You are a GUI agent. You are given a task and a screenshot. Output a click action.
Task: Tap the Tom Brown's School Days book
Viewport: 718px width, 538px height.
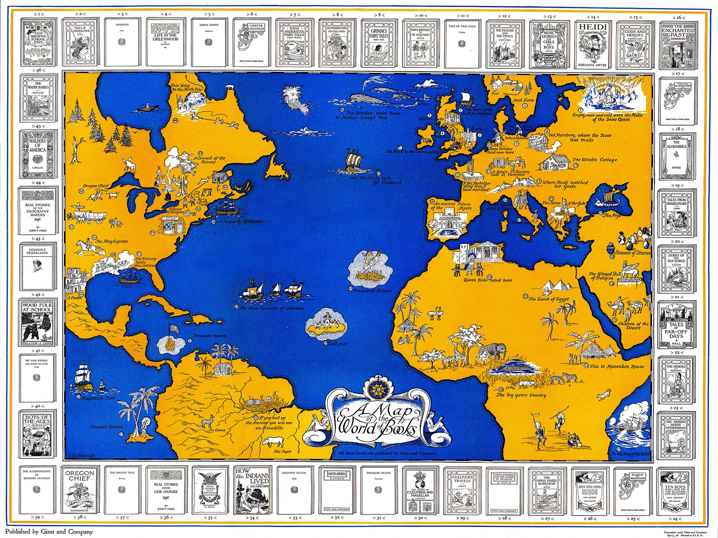[37, 43]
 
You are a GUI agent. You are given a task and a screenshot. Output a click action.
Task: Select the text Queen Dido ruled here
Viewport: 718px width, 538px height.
[488, 280]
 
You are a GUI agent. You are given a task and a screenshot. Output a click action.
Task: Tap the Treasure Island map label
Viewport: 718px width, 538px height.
[209, 336]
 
